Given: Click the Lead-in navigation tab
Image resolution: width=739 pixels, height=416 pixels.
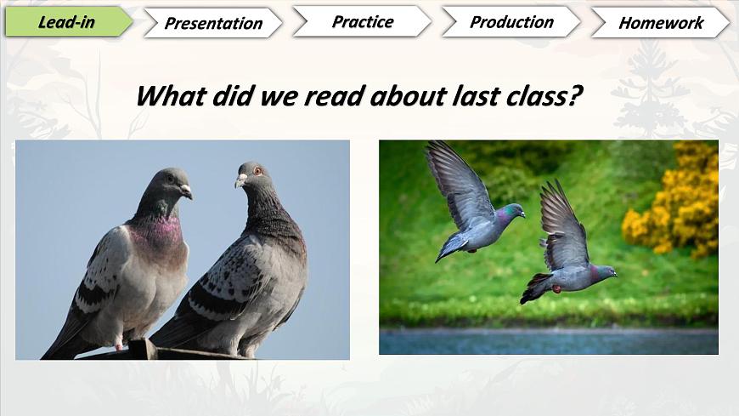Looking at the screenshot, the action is tap(69, 22).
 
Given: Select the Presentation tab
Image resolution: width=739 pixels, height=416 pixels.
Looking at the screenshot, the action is tap(213, 23).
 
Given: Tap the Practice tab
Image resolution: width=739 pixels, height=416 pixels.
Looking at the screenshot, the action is tap(362, 22).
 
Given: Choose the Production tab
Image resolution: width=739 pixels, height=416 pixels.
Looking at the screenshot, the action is tap(511, 22).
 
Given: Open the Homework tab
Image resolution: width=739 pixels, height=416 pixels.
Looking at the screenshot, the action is tap(661, 23).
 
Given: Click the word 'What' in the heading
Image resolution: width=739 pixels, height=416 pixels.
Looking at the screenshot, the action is tap(171, 96).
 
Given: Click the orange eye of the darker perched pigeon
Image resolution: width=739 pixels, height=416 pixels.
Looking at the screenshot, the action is tap(257, 170).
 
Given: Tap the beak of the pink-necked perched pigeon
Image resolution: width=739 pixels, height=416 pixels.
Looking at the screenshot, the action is tap(186, 191).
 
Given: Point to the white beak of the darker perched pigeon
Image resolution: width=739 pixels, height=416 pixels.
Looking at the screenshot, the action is tap(241, 180).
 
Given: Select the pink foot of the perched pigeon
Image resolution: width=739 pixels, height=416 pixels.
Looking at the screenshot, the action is tap(118, 345).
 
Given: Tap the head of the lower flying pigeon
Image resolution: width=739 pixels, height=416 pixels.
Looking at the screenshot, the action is tap(606, 271).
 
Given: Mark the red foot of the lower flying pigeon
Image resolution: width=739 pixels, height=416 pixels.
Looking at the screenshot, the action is tap(556, 288).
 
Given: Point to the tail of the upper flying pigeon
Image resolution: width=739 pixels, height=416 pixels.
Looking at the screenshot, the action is tap(451, 246).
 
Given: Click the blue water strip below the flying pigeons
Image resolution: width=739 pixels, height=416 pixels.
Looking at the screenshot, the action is tap(549, 341).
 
